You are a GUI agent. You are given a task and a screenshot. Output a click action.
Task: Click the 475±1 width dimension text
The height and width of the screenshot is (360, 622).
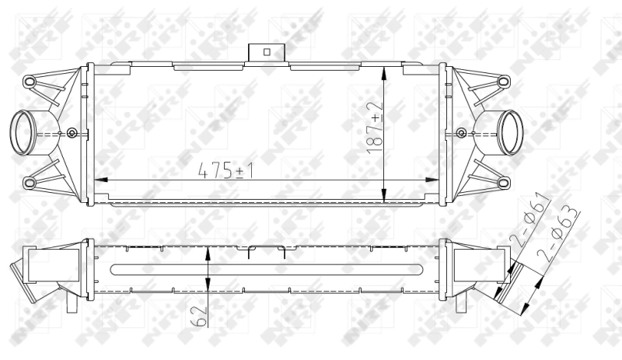(228, 170)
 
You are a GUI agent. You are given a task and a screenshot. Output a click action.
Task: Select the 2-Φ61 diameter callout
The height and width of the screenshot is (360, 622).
(530, 222)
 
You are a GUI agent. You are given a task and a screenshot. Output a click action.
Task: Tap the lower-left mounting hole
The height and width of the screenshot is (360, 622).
(30, 183)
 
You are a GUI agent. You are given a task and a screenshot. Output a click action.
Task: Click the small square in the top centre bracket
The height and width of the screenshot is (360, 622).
(266, 52)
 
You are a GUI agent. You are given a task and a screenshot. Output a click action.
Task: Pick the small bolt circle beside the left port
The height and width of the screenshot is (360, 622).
(72, 131)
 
